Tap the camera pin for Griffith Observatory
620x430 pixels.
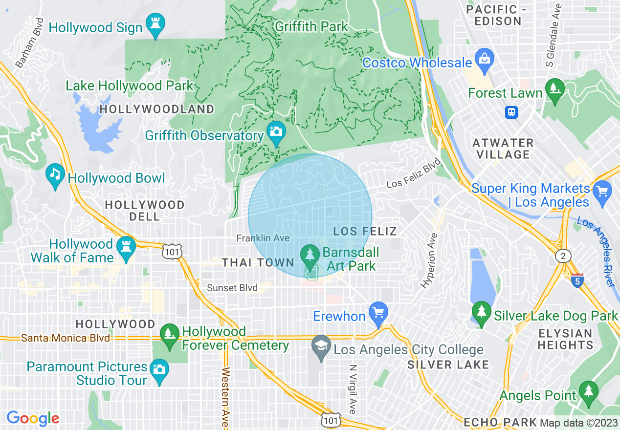point(276,131)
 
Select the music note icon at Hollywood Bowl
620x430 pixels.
point(55,174)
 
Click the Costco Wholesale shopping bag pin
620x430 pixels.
point(485,59)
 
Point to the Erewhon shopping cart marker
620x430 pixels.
point(378,312)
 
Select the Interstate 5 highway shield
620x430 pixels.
point(577,281)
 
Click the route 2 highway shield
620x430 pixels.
point(563,256)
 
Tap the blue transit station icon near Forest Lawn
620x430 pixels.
point(511,112)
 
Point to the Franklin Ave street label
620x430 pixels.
point(263,238)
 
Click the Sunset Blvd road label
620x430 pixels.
point(232,288)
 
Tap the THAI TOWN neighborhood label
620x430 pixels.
point(258,263)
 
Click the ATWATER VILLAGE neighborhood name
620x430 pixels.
point(503,149)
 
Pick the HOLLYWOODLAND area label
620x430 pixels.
point(157,109)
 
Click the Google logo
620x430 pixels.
point(33,418)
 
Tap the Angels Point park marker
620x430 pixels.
point(588,391)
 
